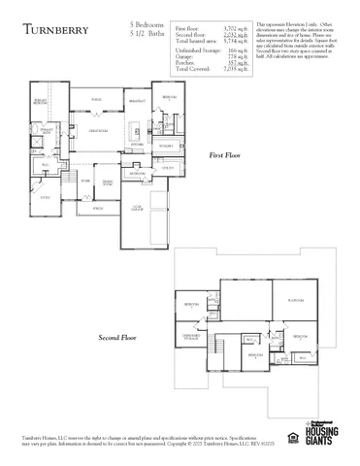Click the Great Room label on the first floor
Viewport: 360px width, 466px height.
pos(97,129)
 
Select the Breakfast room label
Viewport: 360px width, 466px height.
pos(137,100)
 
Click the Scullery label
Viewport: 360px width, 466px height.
pos(166,146)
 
